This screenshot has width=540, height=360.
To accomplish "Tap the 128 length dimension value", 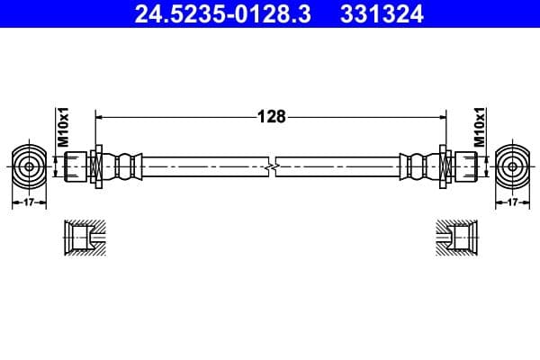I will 271,116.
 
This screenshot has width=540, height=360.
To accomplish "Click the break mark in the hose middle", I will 271,166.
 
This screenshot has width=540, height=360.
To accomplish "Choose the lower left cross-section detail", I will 85,238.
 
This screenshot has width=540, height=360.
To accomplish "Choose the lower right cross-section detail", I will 457,238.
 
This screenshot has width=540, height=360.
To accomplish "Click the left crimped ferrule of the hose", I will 126,166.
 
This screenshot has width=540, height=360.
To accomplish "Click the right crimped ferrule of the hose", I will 416,166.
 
